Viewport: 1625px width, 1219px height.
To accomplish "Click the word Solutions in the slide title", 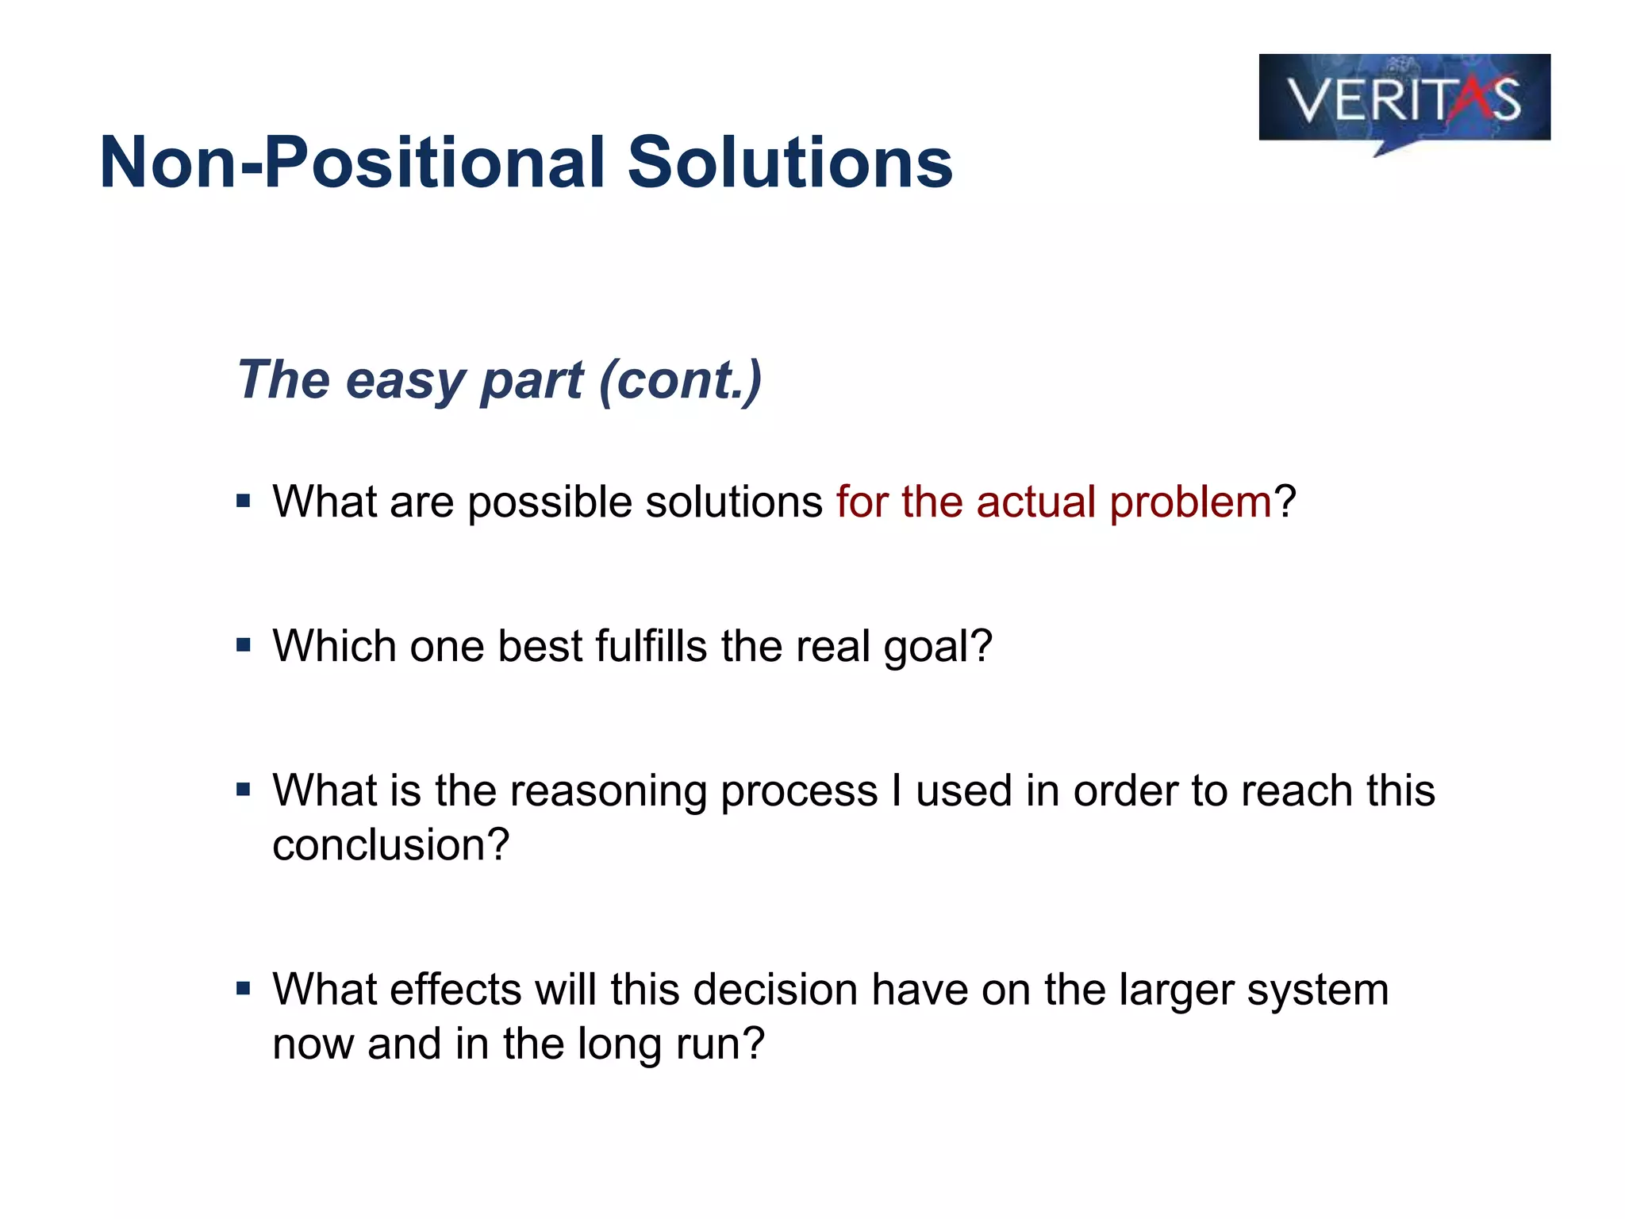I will tap(789, 163).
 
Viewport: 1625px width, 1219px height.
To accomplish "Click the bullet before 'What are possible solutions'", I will tap(244, 501).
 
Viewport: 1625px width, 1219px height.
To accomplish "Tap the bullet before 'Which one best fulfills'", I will tap(244, 644).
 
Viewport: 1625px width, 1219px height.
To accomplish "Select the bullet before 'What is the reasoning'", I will tap(244, 790).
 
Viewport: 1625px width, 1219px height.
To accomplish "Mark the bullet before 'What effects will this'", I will tap(244, 989).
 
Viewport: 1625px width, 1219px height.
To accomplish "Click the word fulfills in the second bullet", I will tap(651, 645).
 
